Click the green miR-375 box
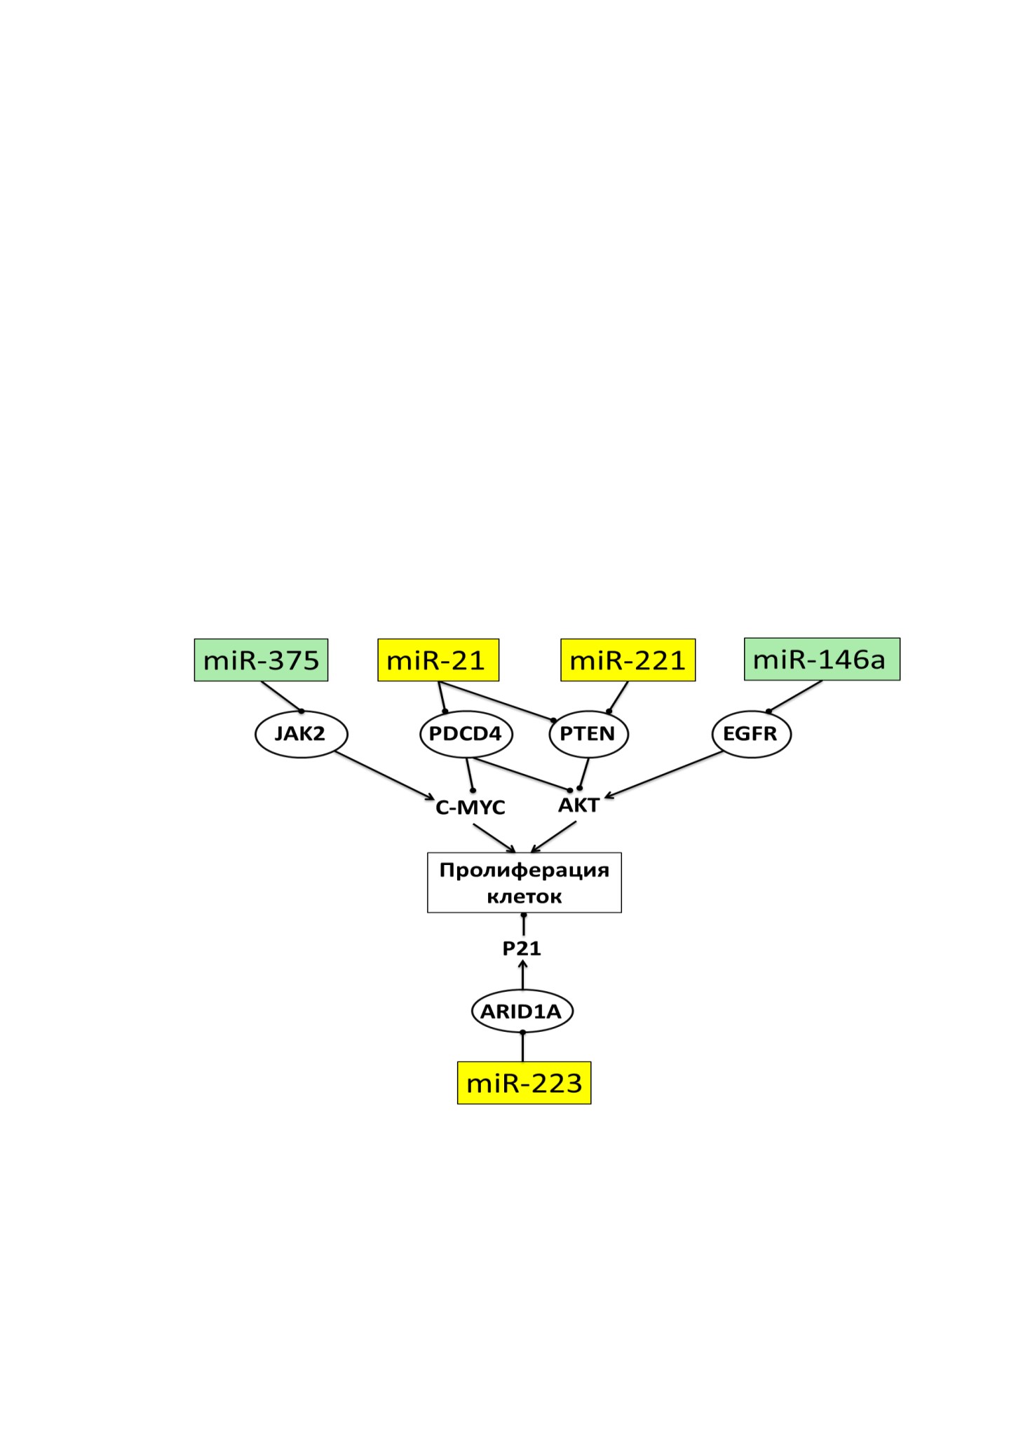pyautogui.click(x=261, y=660)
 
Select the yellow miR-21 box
pyautogui.click(x=438, y=660)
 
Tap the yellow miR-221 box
pyautogui.click(x=628, y=660)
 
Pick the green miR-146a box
pyautogui.click(x=822, y=659)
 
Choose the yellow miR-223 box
pyautogui.click(x=524, y=1083)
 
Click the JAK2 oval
pyautogui.click(x=301, y=734)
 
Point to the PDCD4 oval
pyautogui.click(x=466, y=734)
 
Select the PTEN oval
pyautogui.click(x=588, y=734)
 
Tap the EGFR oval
pyautogui.click(x=751, y=734)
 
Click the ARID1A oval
pyautogui.click(x=522, y=1011)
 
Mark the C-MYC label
pyautogui.click(x=470, y=808)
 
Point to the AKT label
pyautogui.click(x=579, y=805)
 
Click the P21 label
pyautogui.click(x=522, y=948)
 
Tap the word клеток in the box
pyautogui.click(x=524, y=897)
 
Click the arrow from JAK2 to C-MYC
pyautogui.click(x=384, y=775)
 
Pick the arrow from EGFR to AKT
pyautogui.click(x=663, y=775)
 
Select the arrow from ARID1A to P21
pyautogui.click(x=522, y=974)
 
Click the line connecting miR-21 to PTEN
pyautogui.click(x=496, y=701)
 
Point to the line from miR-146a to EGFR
pyautogui.click(x=795, y=696)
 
